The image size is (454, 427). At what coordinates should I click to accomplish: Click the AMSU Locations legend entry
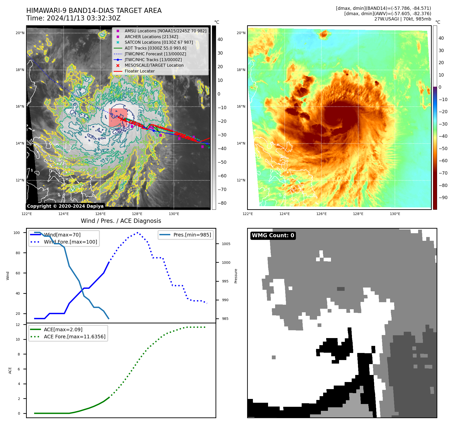165,31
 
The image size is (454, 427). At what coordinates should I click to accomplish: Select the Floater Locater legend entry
139,71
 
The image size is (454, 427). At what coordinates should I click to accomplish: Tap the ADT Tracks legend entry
155,48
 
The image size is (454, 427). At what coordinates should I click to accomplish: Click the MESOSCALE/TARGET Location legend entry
154,65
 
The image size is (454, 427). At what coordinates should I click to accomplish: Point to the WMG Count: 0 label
273,235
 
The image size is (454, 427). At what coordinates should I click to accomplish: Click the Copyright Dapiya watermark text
65,206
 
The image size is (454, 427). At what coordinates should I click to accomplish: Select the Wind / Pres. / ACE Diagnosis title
121,221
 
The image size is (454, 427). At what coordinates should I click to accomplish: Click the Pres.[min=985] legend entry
192,235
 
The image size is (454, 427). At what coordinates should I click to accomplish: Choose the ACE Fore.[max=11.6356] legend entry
75,337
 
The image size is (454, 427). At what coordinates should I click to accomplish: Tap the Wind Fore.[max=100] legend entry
70,242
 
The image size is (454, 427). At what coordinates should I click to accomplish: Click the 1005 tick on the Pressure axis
226,244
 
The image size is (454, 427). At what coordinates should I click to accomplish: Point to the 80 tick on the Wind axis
18,253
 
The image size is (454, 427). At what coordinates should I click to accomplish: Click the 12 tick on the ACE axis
18,325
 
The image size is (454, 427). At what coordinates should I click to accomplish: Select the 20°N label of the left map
20,33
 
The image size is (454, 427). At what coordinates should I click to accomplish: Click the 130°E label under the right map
395,214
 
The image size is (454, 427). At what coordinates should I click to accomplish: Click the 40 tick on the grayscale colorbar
220,39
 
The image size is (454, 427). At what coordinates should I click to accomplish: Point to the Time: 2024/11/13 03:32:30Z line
73,18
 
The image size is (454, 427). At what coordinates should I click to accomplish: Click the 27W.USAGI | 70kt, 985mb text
402,19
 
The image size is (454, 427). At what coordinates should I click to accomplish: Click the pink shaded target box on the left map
118,118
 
